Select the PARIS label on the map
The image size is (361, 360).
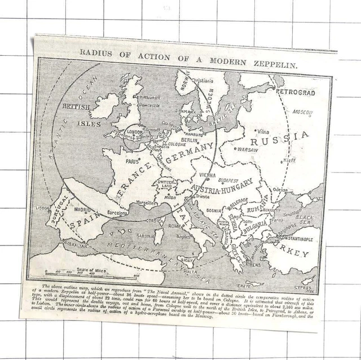tap(133, 160)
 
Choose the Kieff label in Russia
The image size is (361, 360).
tap(289, 161)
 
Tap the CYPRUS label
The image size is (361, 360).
tap(309, 280)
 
